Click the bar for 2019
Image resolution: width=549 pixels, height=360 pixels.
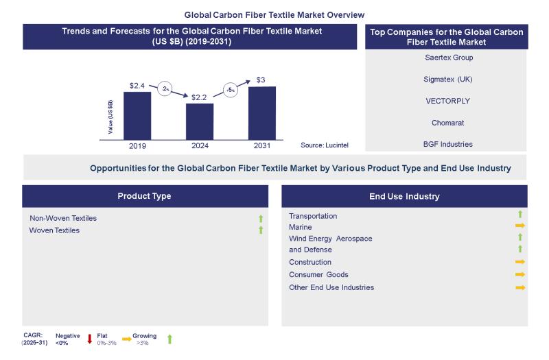tap(137, 114)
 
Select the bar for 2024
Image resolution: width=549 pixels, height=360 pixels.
tap(200, 120)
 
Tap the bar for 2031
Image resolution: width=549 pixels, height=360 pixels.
tap(261, 111)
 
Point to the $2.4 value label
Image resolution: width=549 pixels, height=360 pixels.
tap(137, 86)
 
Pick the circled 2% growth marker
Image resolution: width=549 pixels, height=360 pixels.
tap(165, 88)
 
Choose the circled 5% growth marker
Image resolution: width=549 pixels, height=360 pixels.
tap(231, 90)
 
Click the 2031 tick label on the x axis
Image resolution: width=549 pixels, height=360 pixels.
tap(262, 146)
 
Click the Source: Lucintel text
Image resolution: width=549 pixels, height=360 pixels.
tap(326, 145)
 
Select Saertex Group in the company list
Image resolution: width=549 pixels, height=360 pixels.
tap(449, 58)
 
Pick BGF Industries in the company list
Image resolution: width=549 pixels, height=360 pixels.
tap(449, 144)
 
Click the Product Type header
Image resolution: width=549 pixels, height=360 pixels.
tap(144, 196)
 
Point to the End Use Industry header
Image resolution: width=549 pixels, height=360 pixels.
tap(404, 196)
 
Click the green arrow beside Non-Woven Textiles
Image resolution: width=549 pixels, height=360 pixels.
tap(261, 219)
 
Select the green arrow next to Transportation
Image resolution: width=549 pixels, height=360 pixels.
tap(520, 215)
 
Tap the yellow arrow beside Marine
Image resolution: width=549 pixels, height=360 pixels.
tap(520, 226)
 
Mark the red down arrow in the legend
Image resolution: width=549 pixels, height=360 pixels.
tap(89, 338)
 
